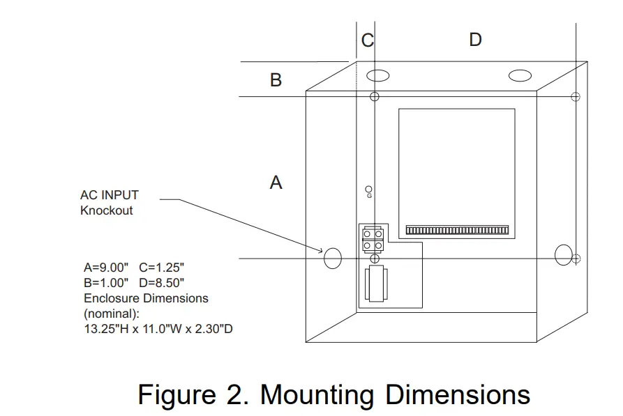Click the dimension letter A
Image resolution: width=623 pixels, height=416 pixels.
pyautogui.click(x=276, y=183)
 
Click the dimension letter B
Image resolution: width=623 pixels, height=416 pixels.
pyautogui.click(x=276, y=80)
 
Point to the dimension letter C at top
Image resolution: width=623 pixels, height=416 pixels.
pyautogui.click(x=367, y=40)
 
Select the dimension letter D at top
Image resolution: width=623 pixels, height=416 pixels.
pyautogui.click(x=475, y=40)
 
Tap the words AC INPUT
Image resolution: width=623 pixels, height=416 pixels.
pyautogui.click(x=110, y=196)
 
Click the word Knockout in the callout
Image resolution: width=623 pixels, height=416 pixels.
pyautogui.click(x=106, y=210)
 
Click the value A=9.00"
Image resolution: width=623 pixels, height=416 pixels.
pyautogui.click(x=107, y=268)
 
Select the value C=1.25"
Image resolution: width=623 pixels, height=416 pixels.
pyautogui.click(x=162, y=268)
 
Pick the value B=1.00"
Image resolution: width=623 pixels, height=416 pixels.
pyautogui.click(x=107, y=283)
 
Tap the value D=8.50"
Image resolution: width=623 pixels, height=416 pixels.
pyautogui.click(x=162, y=283)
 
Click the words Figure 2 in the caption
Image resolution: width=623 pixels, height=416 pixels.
pyautogui.click(x=193, y=395)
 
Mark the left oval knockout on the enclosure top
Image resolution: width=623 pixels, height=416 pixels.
pyautogui.click(x=379, y=75)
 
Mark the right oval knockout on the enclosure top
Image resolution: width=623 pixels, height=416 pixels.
pyautogui.click(x=520, y=75)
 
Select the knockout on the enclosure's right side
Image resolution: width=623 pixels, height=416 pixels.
pyautogui.click(x=563, y=255)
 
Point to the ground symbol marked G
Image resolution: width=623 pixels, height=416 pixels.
pyautogui.click(x=369, y=191)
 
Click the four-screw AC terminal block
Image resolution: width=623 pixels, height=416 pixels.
pyautogui.click(x=373, y=239)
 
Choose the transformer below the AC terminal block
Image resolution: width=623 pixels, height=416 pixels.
pyautogui.click(x=375, y=284)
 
